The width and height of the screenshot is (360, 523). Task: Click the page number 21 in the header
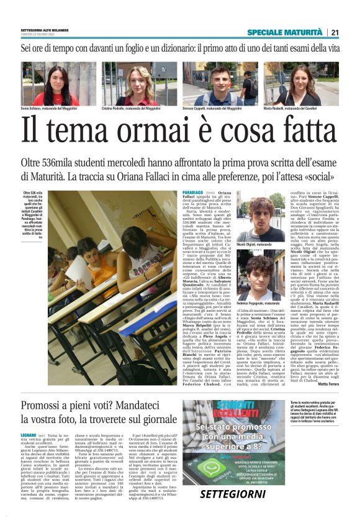pos(335,32)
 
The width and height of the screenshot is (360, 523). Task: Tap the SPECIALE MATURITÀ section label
pos(285,32)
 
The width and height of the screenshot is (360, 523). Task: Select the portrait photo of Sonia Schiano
pos(56,83)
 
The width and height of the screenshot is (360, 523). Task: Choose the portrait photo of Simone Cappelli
pos(220,83)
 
